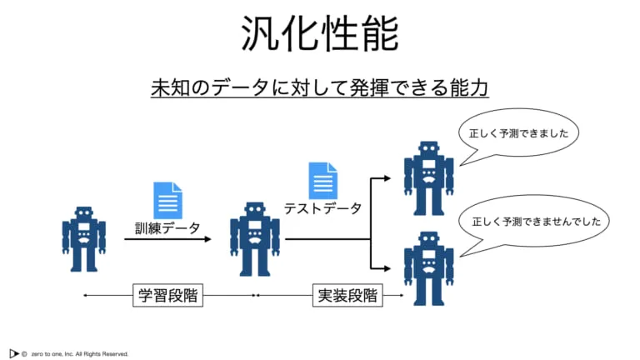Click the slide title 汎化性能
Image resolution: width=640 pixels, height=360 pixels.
320,36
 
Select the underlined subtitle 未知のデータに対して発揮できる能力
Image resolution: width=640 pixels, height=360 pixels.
320,87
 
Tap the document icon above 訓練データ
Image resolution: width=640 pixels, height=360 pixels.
167,200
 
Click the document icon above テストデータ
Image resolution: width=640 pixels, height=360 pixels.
323,181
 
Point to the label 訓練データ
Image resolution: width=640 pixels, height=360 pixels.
167,227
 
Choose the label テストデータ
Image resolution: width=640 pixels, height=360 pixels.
322,208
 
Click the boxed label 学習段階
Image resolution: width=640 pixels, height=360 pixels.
171,295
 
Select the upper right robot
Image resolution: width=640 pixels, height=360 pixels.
428,177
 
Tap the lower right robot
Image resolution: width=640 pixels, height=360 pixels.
428,268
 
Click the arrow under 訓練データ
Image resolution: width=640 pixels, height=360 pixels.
167,240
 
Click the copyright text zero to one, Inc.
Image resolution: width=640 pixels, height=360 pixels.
80,353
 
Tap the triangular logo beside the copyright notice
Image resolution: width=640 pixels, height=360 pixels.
14,352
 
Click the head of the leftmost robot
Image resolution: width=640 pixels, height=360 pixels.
83,212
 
